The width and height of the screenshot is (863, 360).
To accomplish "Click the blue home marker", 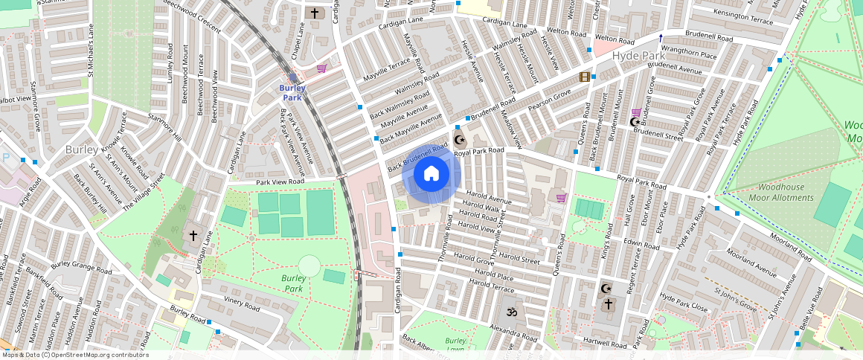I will [x=431, y=174].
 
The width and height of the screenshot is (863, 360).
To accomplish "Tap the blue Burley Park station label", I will [x=292, y=92].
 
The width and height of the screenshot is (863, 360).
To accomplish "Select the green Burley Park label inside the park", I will [x=294, y=283].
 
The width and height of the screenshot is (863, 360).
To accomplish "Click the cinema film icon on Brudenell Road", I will [x=586, y=77].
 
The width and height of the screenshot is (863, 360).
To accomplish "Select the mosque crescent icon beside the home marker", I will [x=459, y=139].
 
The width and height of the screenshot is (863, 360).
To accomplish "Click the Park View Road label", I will [x=280, y=181].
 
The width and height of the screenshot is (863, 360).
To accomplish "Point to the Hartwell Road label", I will [x=606, y=344].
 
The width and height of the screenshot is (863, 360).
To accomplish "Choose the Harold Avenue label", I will [x=489, y=201].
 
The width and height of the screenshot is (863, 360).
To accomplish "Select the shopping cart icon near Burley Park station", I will [x=321, y=68].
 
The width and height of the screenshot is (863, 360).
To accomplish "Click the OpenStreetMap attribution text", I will [x=75, y=355].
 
